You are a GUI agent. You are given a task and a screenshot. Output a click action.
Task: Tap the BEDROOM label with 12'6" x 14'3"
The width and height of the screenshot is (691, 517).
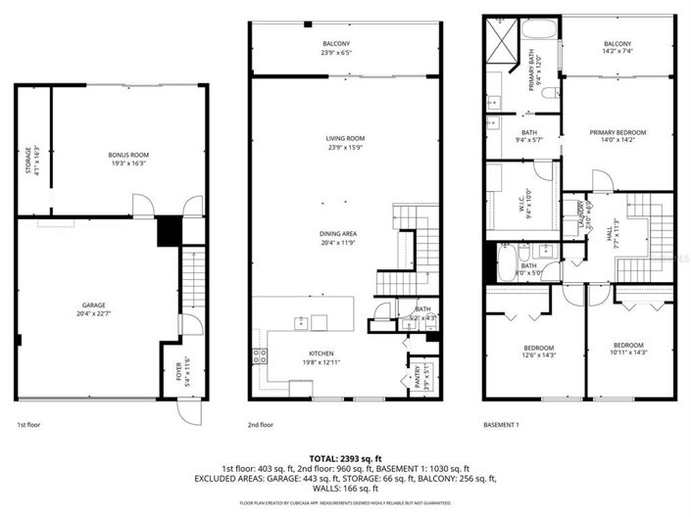(x=537, y=348)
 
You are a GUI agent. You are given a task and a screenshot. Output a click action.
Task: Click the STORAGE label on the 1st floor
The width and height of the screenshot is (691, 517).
(x=28, y=161)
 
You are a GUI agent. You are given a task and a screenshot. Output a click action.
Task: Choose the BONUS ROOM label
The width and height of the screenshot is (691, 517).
(x=127, y=155)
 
